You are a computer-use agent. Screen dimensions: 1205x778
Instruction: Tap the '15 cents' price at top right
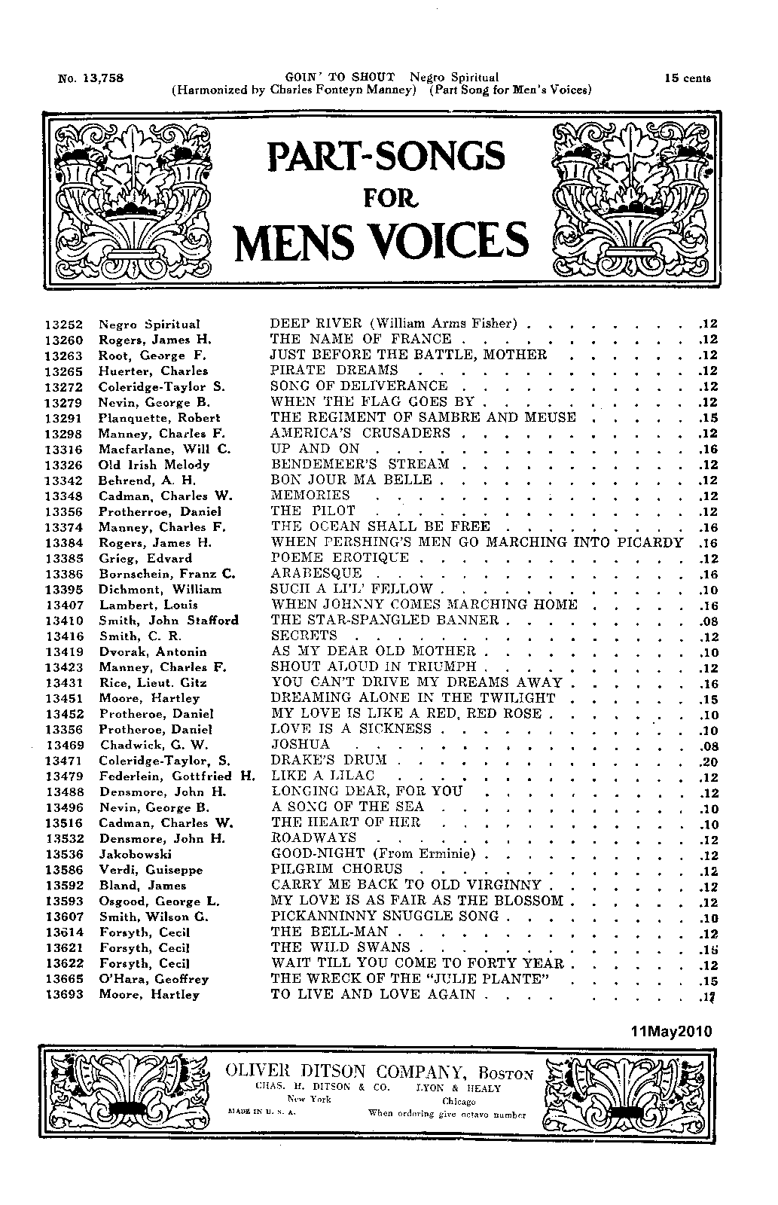(688, 78)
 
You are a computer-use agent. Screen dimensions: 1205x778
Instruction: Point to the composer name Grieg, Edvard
(145, 559)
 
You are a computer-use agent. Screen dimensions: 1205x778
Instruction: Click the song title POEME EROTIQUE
(339, 558)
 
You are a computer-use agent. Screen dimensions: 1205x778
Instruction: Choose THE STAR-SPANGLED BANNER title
(384, 621)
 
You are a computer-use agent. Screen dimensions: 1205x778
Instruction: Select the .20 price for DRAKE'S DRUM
(709, 761)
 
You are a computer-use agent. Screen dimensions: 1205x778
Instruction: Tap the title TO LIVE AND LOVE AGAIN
(374, 995)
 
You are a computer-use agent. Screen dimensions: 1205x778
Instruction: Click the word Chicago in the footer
(459, 1101)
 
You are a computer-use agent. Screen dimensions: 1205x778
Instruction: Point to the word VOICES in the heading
(444, 239)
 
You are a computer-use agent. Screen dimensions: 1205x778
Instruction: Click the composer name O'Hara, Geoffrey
(154, 979)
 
